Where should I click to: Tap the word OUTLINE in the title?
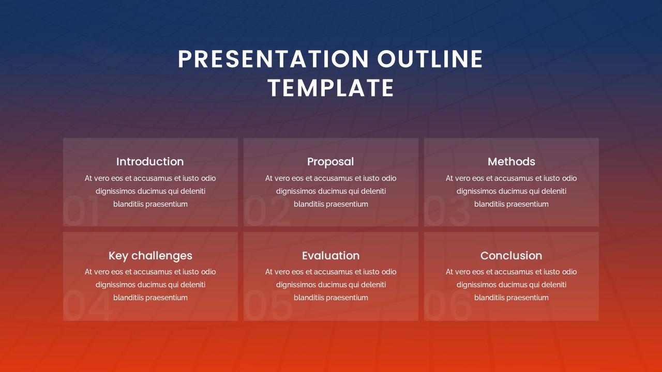(430, 59)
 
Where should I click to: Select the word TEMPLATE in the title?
(331, 88)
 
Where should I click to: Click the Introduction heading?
(150, 162)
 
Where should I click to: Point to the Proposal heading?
(330, 162)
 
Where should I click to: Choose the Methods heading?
(511, 162)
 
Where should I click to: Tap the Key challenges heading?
(150, 256)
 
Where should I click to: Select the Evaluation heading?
(330, 256)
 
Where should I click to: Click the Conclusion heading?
(511, 256)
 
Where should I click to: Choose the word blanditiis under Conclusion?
(489, 298)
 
